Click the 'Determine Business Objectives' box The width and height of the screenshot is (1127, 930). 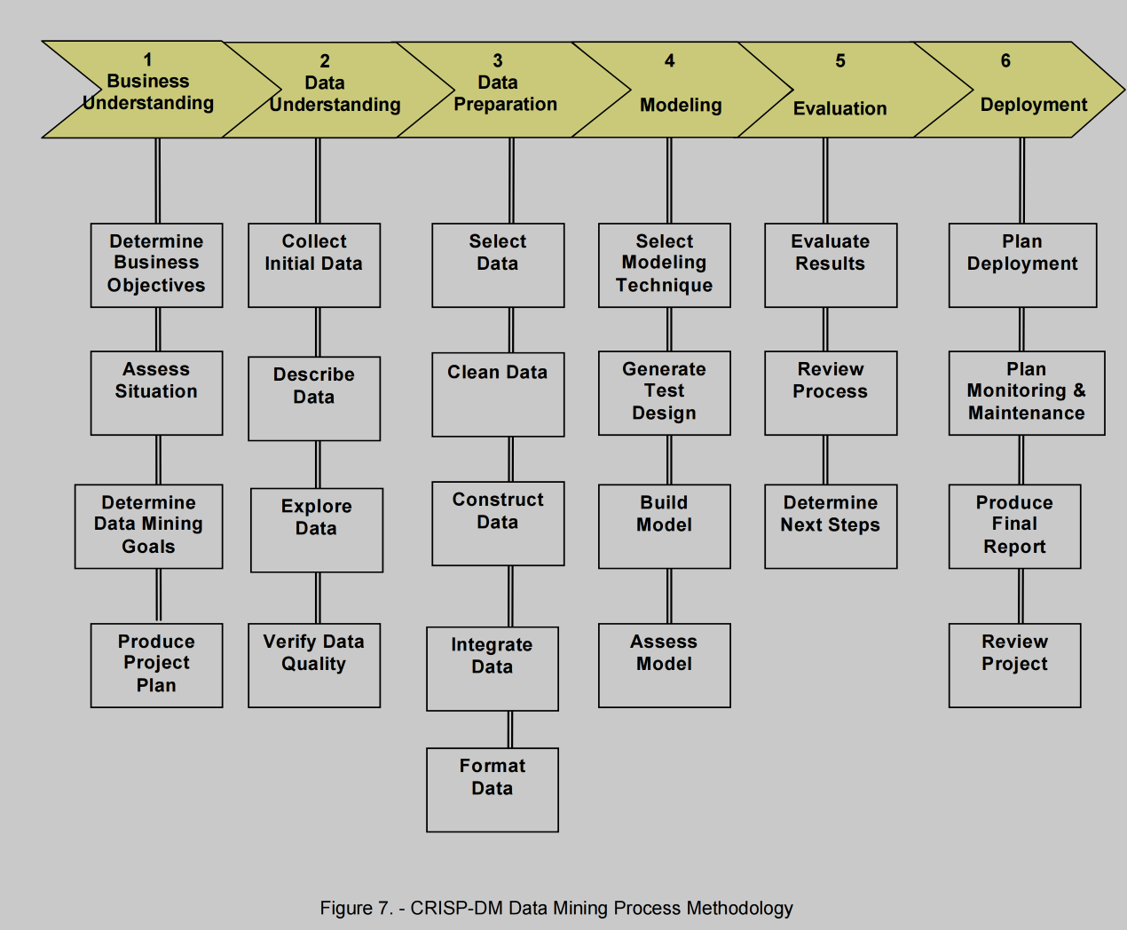tap(156, 264)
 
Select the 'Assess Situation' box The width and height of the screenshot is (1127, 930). tap(156, 392)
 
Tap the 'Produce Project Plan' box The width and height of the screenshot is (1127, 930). tap(156, 665)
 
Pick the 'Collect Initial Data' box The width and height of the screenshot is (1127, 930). tap(314, 264)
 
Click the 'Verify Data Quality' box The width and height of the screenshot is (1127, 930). tap(314, 665)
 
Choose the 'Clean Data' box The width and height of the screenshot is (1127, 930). tap(498, 394)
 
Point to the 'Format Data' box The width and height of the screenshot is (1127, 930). tap(493, 789)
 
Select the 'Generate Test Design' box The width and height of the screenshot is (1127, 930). tap(665, 392)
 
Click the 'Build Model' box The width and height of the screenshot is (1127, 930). tap(665, 525)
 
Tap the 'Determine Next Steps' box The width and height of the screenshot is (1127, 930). tap(831, 525)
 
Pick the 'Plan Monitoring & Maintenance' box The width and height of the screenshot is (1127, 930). tap(1027, 392)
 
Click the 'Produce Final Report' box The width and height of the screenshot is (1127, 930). tap(1014, 525)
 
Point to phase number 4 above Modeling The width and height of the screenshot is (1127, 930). tap(670, 61)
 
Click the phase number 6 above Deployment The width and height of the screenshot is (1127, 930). tap(1005, 61)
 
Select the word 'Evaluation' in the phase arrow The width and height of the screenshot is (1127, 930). tap(839, 108)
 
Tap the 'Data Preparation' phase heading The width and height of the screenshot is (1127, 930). tap(505, 94)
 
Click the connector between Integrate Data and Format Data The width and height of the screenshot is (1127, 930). tap(510, 729)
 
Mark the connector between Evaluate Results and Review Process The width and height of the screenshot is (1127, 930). tap(825, 329)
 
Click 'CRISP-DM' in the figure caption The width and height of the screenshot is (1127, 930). tap(455, 908)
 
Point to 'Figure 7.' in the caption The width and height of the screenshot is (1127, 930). tap(356, 908)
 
